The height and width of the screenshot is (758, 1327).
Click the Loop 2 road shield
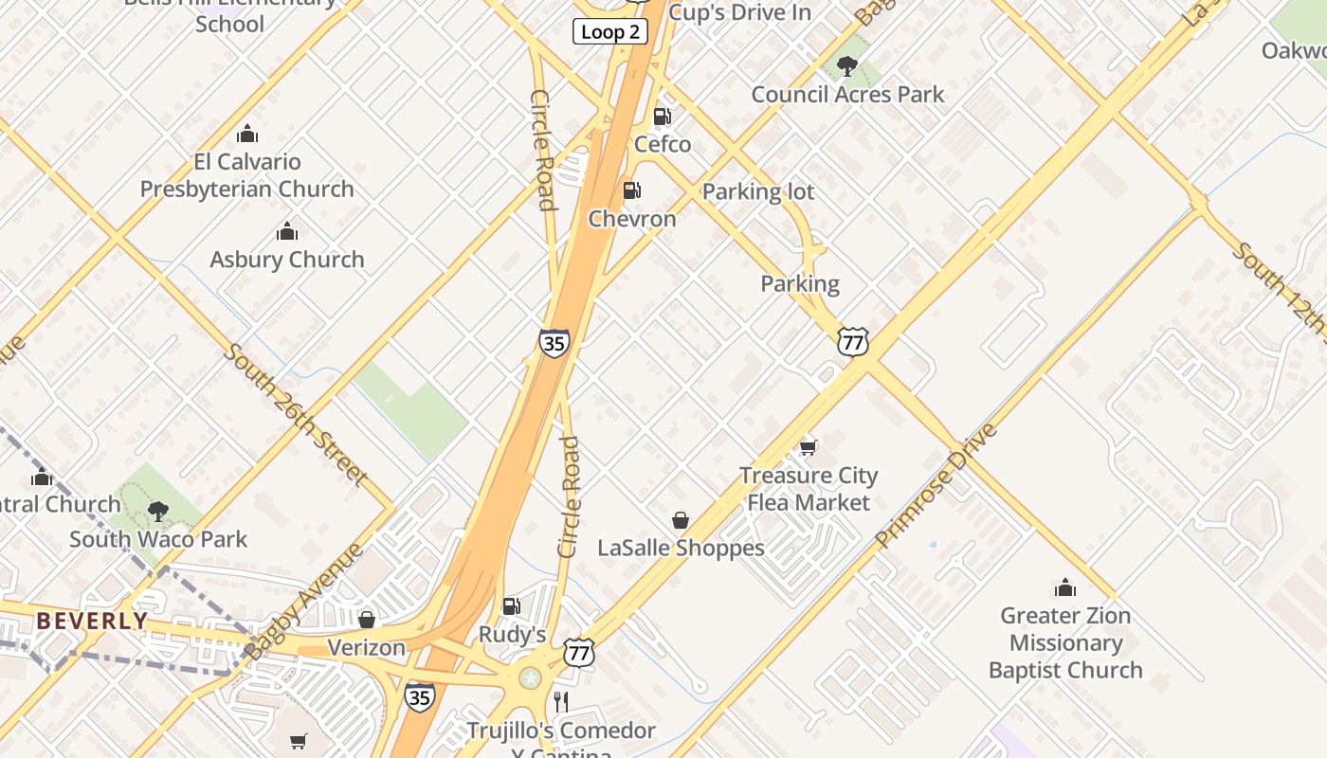[609, 32]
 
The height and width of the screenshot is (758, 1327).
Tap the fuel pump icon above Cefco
[663, 117]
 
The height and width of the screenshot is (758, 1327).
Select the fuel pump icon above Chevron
[631, 190]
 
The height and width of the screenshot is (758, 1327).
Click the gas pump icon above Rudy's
[511, 605]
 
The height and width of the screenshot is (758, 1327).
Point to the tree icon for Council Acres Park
[847, 66]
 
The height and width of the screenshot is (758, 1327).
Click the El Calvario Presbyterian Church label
[247, 175]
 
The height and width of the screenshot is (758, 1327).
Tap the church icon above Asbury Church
[287, 231]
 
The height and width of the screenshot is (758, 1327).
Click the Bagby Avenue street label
[304, 601]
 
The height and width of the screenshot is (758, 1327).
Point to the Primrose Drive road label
[936, 485]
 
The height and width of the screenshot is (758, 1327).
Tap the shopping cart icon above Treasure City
[808, 446]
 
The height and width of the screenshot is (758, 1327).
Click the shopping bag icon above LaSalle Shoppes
[681, 520]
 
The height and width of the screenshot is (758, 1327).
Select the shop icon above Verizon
[367, 620]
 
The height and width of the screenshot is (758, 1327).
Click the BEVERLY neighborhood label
[92, 622]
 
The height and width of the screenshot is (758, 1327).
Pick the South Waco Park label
[158, 539]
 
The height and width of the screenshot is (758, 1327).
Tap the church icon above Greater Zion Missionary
[1065, 587]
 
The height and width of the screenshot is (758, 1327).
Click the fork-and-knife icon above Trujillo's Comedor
[561, 702]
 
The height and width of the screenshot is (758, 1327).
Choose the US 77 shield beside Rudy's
[579, 652]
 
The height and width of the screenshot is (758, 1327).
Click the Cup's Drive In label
[739, 12]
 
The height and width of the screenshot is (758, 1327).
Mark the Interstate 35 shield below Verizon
[420, 697]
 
